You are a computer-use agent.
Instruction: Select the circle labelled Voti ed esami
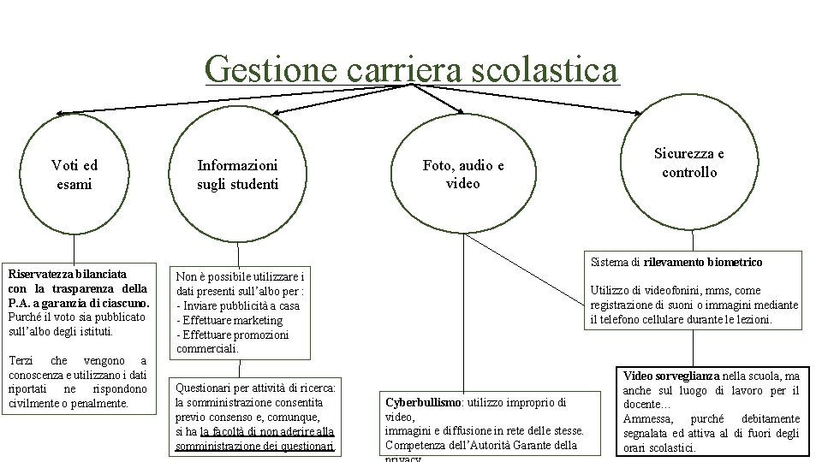point(74,175)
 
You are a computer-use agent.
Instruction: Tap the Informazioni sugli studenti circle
point(237,175)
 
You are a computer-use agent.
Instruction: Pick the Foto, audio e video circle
point(463,175)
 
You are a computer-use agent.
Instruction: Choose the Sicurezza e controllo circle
point(689,162)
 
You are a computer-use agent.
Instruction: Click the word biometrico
point(733,262)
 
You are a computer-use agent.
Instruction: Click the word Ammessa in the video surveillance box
point(647,418)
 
